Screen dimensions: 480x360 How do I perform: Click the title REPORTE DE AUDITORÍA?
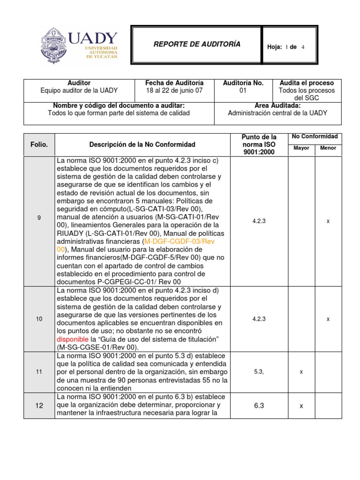click(197, 44)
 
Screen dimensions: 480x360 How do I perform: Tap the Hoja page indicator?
click(285, 47)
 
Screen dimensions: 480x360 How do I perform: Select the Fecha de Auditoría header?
click(174, 83)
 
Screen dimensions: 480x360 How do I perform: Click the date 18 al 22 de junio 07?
click(174, 91)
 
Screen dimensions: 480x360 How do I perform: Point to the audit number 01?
click(243, 91)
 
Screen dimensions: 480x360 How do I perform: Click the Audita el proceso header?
click(307, 83)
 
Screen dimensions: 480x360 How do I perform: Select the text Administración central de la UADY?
click(277, 113)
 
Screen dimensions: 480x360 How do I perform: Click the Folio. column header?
click(39, 145)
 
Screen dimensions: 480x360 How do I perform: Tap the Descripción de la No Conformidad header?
click(142, 145)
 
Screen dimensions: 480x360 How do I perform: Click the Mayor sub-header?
click(301, 148)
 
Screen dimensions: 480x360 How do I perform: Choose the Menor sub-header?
click(328, 148)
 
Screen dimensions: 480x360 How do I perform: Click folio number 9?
click(39, 218)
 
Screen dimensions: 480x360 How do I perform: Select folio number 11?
click(39, 372)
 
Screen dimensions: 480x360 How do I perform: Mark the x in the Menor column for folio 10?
click(328, 319)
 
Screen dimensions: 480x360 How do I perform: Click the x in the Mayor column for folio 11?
click(301, 372)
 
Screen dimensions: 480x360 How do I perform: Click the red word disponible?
click(73, 339)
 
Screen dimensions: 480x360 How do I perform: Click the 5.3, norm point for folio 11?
click(259, 372)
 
